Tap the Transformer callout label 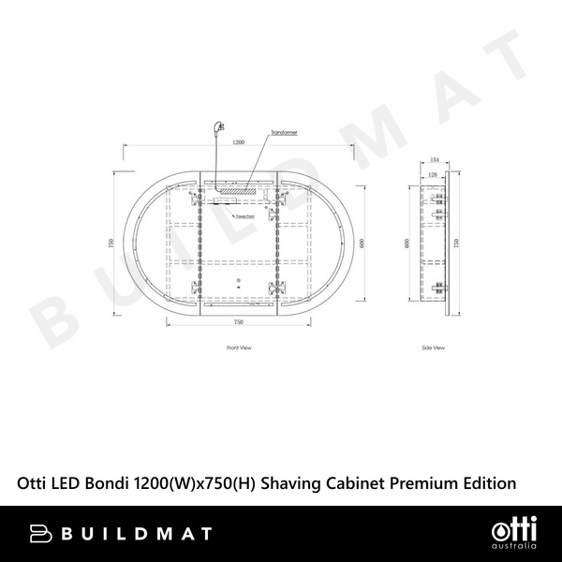[285, 134]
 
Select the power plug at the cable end [221, 126]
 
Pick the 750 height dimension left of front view [111, 242]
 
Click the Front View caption [239, 348]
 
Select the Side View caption [433, 348]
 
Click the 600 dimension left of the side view [407, 243]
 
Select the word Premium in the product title [417, 483]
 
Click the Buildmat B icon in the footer [40, 534]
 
